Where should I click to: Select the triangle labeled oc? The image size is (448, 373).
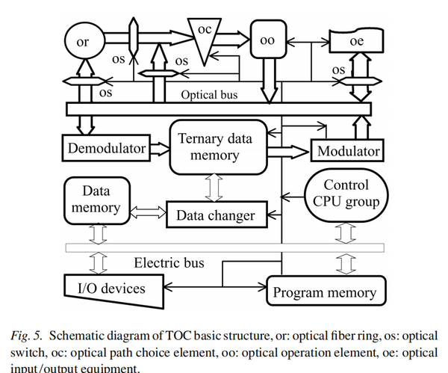(x=205, y=37)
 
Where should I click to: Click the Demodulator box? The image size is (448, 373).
(x=107, y=148)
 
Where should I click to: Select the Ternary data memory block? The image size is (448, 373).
(x=216, y=147)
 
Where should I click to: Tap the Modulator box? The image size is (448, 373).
(x=348, y=152)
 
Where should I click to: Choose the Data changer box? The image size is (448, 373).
(x=215, y=216)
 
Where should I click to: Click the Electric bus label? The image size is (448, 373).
(x=169, y=262)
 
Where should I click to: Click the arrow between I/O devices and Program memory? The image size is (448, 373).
(x=216, y=286)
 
